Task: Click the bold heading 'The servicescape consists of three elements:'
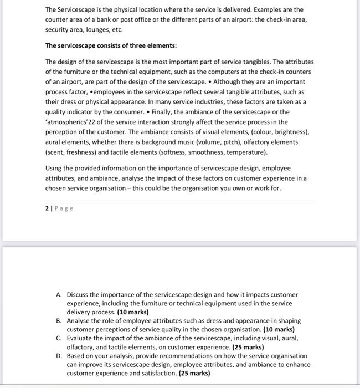click(x=111, y=45)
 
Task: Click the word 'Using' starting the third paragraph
click(x=54, y=168)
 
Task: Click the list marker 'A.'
click(x=59, y=295)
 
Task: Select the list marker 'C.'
click(x=59, y=338)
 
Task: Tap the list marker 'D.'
click(x=59, y=356)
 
